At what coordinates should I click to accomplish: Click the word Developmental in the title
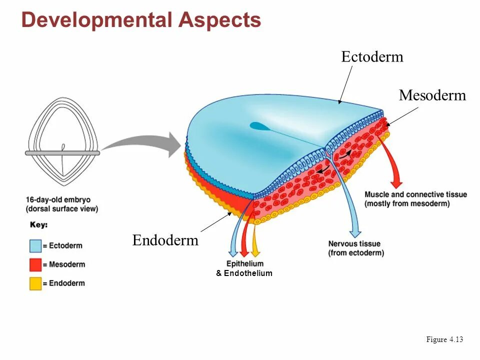coord(96,20)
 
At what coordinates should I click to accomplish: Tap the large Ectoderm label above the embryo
coord(372,56)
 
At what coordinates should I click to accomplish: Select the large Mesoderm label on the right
coord(432,95)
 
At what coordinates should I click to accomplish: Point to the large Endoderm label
coord(165,240)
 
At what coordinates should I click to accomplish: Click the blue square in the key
coord(35,246)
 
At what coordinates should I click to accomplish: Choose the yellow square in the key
coord(35,283)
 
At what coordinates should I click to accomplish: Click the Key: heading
coord(38,225)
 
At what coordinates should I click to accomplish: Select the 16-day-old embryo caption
coord(62,204)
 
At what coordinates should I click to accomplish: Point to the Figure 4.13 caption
coord(444,339)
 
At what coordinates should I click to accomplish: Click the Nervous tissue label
coord(355,248)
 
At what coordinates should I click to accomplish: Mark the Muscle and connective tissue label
coord(415,199)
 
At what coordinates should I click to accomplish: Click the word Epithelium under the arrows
coord(244,263)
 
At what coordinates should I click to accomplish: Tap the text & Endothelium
coord(244,273)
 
